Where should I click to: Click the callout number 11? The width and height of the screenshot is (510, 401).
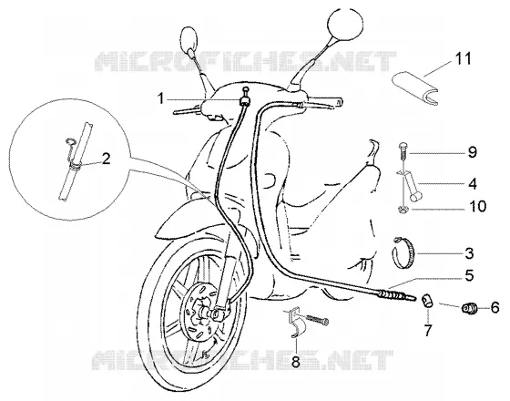point(464,59)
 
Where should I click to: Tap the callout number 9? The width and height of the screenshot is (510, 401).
point(473,152)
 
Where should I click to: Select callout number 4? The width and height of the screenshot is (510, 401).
point(473,183)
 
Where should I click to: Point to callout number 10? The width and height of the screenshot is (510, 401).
point(477,206)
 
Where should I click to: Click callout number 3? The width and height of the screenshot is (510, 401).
point(469,253)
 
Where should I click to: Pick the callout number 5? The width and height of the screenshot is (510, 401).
point(469,275)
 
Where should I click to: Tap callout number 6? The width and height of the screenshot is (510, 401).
point(495,307)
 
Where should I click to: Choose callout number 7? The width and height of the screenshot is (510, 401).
point(428,330)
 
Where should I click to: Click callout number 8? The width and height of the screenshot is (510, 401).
point(296,361)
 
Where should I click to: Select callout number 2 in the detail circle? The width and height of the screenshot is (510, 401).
point(106,159)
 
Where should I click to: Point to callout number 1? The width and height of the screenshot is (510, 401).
point(160,98)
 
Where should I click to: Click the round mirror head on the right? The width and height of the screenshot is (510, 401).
point(345,24)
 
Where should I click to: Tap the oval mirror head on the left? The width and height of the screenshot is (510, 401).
point(189,38)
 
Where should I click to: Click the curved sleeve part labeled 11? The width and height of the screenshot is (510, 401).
point(415,89)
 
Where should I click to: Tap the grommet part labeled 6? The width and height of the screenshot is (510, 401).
point(469,309)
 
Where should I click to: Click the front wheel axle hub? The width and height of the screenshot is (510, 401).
point(215,314)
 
